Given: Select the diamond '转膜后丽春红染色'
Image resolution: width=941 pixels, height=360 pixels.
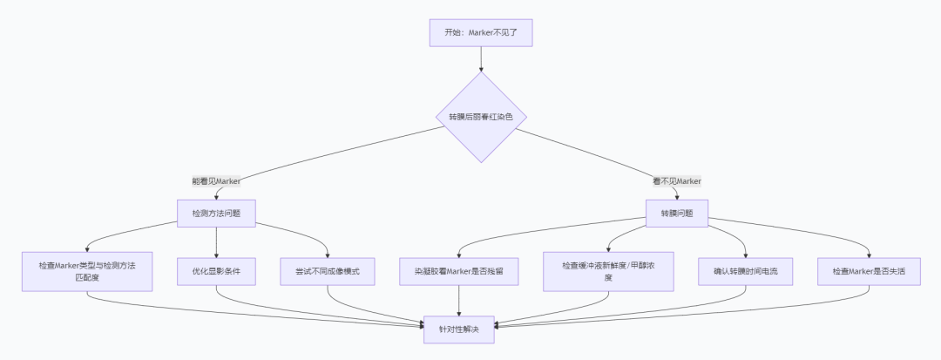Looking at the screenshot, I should click(481, 117).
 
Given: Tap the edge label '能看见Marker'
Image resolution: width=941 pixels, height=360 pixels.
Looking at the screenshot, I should click(216, 181).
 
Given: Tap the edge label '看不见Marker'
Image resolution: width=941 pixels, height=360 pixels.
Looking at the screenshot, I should click(677, 181).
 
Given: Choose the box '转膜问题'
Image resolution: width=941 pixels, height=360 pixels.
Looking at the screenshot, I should click(677, 213).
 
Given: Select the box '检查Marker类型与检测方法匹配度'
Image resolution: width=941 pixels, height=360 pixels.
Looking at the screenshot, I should click(87, 271).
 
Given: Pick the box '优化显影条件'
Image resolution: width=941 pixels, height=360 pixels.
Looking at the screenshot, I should click(216, 271).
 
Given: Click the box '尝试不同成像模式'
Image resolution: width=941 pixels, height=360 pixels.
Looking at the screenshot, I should click(328, 271).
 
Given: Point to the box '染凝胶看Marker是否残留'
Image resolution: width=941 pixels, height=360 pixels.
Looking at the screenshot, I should click(459, 271).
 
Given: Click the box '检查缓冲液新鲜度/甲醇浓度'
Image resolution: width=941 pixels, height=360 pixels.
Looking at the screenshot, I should click(608, 271).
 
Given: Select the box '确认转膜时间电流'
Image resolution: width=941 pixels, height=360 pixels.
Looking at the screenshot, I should click(746, 271).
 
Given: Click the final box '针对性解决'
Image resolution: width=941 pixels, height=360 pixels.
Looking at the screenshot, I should click(459, 329).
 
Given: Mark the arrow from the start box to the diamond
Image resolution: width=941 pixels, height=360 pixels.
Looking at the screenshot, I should click(481, 59).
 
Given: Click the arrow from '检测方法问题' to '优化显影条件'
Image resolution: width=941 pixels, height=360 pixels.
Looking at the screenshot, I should click(216, 241).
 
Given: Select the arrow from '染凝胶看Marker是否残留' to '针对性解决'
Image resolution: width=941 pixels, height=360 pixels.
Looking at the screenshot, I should click(459, 302).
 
